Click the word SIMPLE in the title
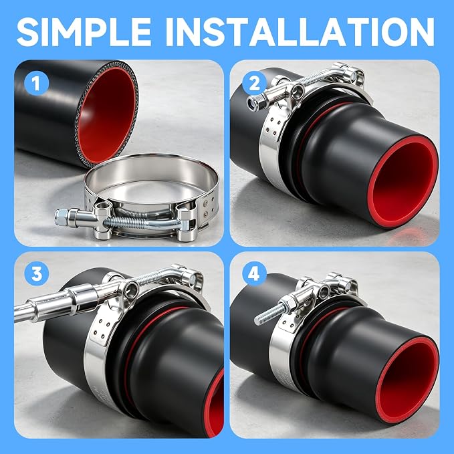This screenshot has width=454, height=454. pos(84,31)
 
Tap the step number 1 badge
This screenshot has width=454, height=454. pos(36,84)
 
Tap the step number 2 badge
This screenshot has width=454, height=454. pos(254,84)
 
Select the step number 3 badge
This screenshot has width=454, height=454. pos(37,273)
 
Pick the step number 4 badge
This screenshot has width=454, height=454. pos(254,273)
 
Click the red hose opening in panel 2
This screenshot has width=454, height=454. pos(405,182)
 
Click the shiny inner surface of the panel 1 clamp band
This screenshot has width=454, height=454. pos(150,174)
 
